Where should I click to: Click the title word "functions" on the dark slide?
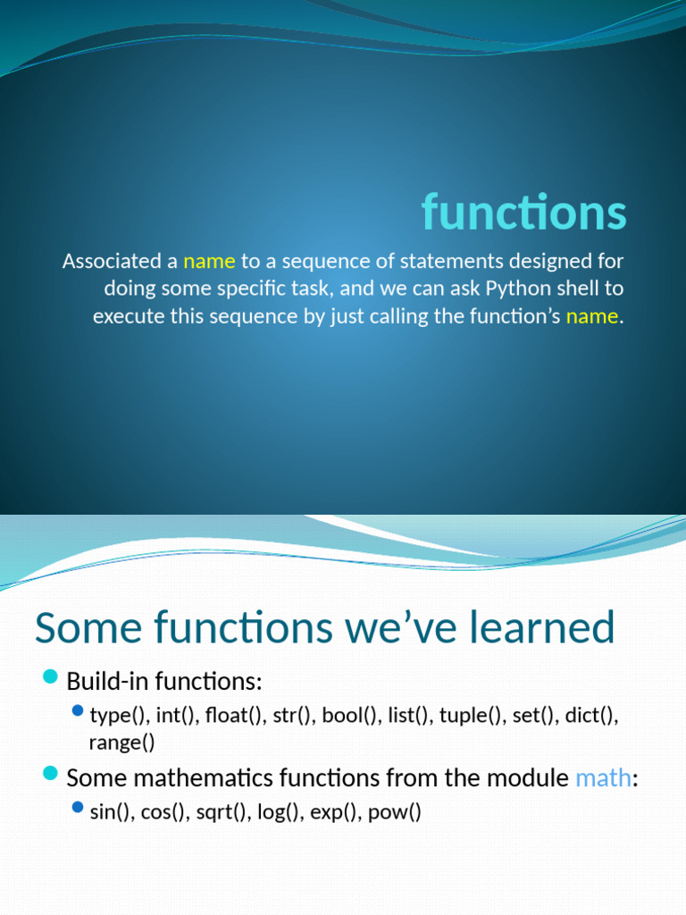523,211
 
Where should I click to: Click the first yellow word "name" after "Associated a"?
209,261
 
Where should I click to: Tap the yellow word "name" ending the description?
592,315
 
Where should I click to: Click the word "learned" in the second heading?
542,626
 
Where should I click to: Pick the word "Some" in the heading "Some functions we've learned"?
88,627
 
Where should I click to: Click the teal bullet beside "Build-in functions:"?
51,677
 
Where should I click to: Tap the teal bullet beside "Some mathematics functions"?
51,774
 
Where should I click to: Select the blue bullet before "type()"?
78,710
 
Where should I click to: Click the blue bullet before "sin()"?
78,807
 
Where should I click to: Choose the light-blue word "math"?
603,778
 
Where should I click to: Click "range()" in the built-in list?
121,743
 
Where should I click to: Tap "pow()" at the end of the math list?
394,811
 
